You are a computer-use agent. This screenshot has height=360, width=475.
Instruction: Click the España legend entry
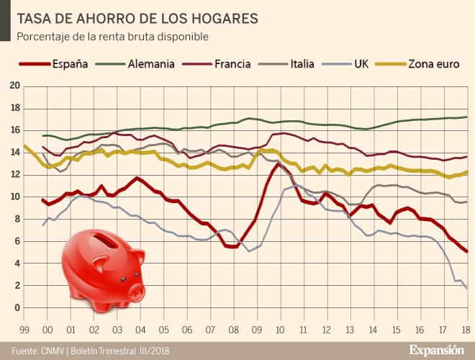point(70,63)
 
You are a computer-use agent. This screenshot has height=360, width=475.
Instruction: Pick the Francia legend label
point(232,63)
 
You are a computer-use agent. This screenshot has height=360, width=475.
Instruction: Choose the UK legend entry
point(362,63)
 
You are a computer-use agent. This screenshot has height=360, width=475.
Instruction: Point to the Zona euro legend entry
point(433,63)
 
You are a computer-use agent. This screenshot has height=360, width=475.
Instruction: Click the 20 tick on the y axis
point(15,86)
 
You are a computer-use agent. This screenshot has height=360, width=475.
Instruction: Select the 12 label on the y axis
point(15,174)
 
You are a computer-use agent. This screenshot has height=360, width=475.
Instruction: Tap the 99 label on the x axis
point(25,330)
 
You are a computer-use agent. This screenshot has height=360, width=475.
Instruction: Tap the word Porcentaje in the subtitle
point(42,35)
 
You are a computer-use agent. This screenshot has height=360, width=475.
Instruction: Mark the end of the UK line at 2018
point(466,289)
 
